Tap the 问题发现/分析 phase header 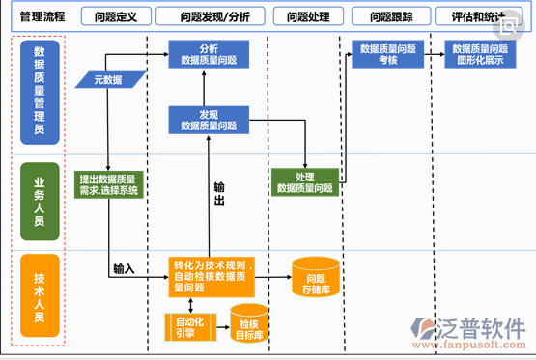(x=208, y=16)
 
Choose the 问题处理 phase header (x=306, y=16)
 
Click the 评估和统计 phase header (x=476, y=16)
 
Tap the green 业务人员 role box (x=39, y=201)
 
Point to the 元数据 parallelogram (x=108, y=80)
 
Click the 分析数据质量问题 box (x=210, y=54)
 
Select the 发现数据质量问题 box (x=210, y=120)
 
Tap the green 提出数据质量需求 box (x=108, y=183)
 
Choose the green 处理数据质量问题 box (x=306, y=182)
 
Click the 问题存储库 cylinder (x=316, y=277)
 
